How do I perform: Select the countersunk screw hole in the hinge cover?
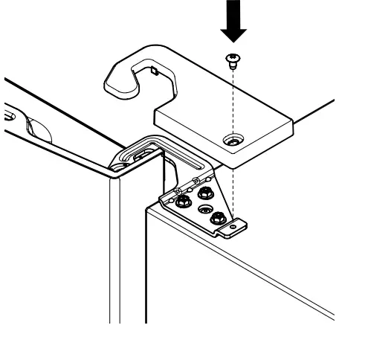234,139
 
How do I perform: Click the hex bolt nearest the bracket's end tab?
217,219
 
